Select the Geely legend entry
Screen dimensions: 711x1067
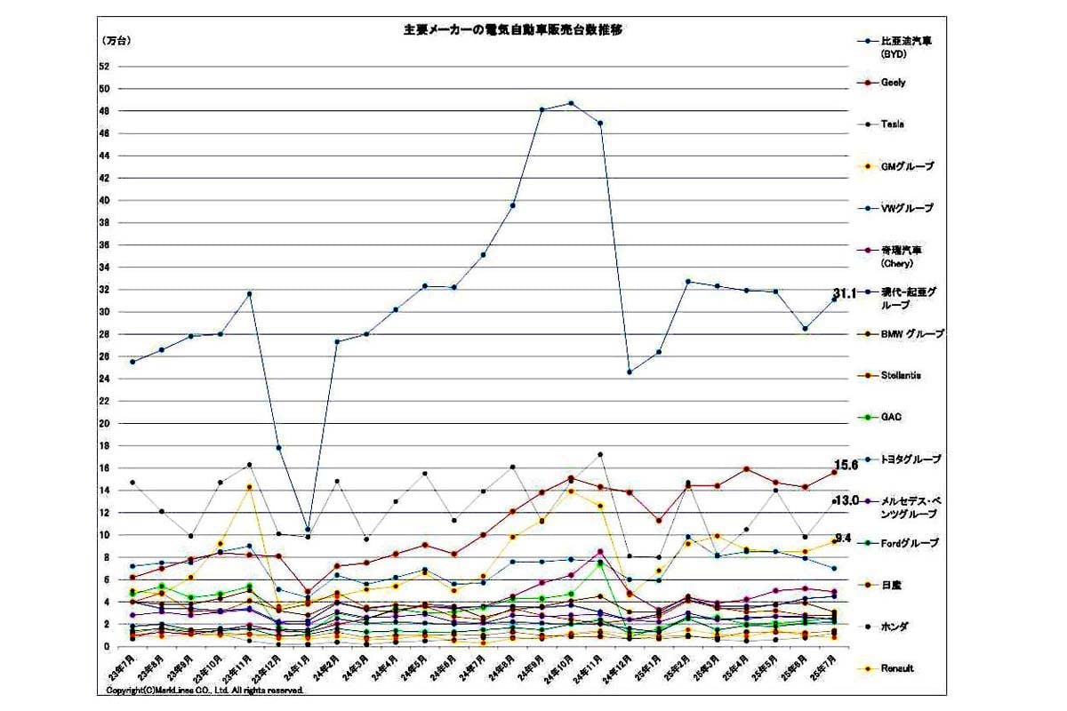tap(893, 83)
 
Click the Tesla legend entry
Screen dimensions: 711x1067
tap(892, 124)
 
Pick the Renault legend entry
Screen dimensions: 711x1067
tap(896, 668)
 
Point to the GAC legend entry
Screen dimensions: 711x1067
tap(891, 417)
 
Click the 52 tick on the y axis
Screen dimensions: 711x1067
tap(104, 67)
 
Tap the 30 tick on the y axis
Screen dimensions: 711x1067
tap(104, 312)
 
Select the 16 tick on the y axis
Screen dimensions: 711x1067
tap(104, 468)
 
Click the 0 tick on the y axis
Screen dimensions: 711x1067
tap(107, 647)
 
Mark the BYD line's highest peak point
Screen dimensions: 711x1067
tap(571, 103)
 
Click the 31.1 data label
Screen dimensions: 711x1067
tap(845, 293)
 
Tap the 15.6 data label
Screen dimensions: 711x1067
tap(846, 465)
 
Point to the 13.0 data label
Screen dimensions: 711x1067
tap(846, 501)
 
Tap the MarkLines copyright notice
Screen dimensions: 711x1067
tap(205, 690)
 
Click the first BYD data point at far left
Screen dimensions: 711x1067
tap(132, 362)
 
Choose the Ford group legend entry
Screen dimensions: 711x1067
tap(906, 543)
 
